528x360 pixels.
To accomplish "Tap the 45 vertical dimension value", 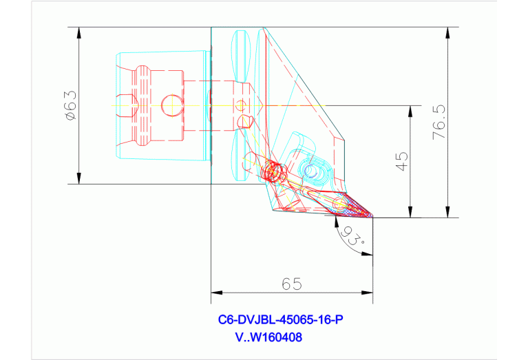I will click(x=403, y=161).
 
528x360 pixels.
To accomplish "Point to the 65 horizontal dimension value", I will click(x=291, y=283).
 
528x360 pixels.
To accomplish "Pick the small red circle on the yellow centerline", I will click(x=240, y=105).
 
